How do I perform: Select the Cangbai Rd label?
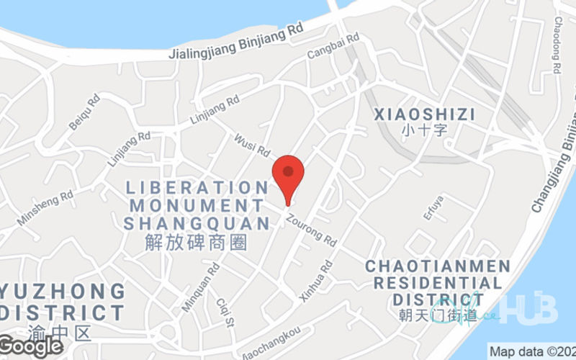coord(333,46)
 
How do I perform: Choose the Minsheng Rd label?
coord(46,207)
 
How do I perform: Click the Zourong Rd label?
coord(312,230)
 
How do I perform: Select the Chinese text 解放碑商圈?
coord(196,243)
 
